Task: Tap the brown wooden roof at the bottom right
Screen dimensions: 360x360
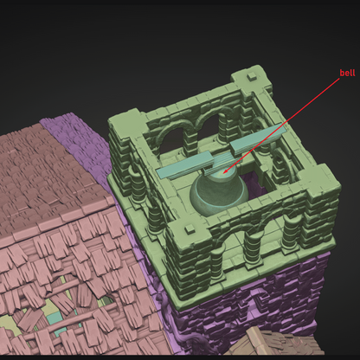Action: (x=277, y=346)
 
